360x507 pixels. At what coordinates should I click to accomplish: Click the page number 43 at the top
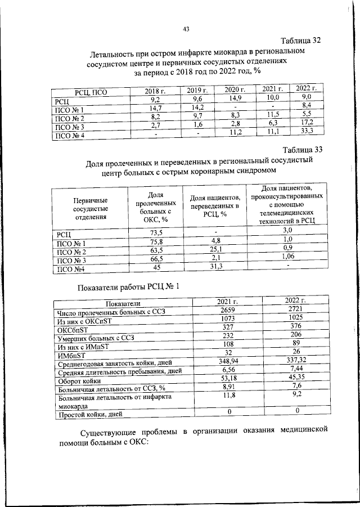click(x=185, y=29)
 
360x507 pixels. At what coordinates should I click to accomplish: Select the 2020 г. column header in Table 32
click(x=235, y=90)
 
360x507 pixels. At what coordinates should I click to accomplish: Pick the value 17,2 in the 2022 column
click(x=306, y=122)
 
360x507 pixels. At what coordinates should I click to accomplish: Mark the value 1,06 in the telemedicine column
click(x=288, y=257)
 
